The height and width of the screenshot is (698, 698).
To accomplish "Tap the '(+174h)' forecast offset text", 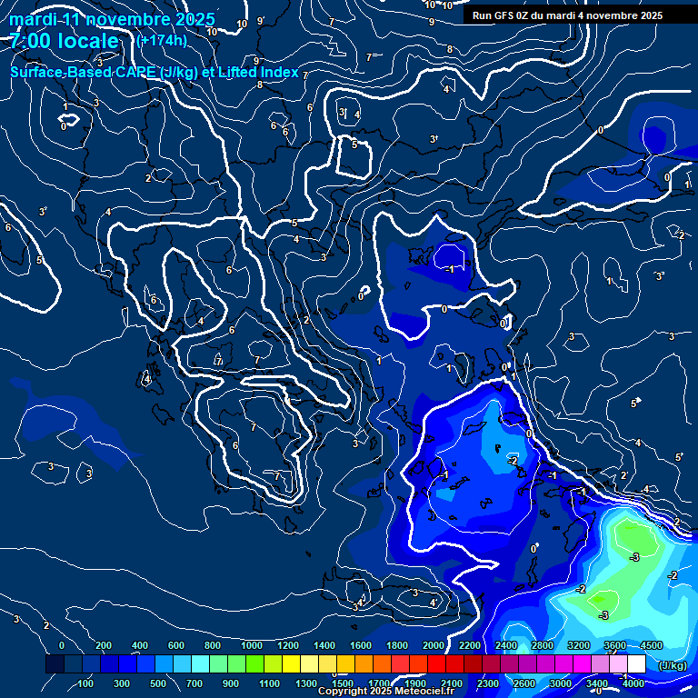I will (162, 40).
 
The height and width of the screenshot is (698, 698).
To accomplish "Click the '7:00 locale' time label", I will (65, 41).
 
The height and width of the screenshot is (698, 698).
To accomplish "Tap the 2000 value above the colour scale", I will (434, 645).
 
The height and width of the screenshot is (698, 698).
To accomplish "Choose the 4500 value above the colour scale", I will (651, 645).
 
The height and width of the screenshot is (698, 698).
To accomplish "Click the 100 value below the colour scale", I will (85, 683).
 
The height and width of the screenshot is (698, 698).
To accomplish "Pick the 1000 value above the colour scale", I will (251, 645).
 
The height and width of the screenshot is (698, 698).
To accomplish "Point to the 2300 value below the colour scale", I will (487, 683).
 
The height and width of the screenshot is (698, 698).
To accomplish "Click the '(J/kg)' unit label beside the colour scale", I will (672, 665).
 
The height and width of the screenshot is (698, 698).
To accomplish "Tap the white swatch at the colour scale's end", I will (636, 664).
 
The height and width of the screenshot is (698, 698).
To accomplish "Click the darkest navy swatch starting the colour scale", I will (55, 664).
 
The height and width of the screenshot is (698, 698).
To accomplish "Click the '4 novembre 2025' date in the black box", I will (621, 15).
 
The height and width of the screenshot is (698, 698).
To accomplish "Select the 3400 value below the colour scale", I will (597, 683).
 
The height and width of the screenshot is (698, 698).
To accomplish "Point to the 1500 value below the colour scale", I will (343, 683).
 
